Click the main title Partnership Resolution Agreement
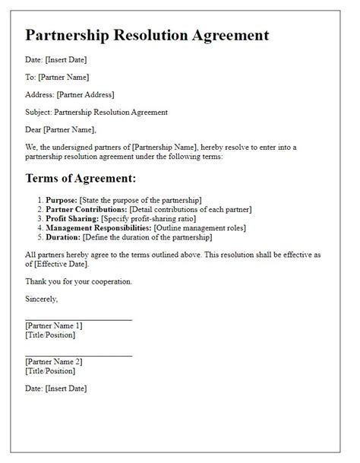(x=147, y=35)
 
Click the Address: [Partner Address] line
(x=69, y=94)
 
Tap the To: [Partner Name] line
(x=57, y=77)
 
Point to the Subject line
(x=96, y=112)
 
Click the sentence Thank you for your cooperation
(x=78, y=281)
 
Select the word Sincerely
(x=43, y=298)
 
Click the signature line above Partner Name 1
(x=78, y=319)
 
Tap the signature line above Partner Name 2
(x=78, y=355)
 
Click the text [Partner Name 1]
(x=58, y=325)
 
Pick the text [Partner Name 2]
(x=58, y=362)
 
